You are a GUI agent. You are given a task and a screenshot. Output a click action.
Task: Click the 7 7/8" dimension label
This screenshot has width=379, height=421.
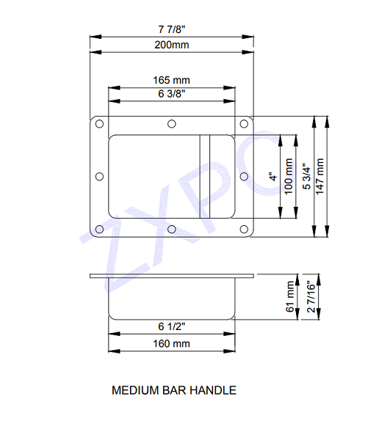[172, 29]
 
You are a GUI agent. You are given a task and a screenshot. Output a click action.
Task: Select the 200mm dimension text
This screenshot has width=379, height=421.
[172, 45]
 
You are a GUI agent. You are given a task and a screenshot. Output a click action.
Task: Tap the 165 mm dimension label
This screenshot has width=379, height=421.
[172, 79]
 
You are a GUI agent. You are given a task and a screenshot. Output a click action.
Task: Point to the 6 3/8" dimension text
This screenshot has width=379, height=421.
[172, 94]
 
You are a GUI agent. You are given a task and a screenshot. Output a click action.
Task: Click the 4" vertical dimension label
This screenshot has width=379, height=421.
[271, 177]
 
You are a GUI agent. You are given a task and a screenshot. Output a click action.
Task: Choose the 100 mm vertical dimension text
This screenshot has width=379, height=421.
[288, 177]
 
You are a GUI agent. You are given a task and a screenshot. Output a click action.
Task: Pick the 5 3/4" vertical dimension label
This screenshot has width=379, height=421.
[307, 177]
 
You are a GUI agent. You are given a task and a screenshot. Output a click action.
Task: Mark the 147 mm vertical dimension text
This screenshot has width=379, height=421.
[320, 177]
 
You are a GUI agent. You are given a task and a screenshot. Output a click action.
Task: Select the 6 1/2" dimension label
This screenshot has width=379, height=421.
[172, 326]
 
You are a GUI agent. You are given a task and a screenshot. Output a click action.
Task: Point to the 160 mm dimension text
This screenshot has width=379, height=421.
[172, 343]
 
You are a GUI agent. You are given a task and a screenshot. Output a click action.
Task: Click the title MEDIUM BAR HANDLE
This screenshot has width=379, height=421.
[173, 390]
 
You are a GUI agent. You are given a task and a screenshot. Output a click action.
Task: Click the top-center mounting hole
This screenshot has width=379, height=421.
[171, 124]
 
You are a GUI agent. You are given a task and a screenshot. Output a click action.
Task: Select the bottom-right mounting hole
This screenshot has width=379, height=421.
[243, 229]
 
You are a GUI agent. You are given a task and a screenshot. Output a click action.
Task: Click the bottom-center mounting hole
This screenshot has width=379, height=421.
[171, 229]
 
